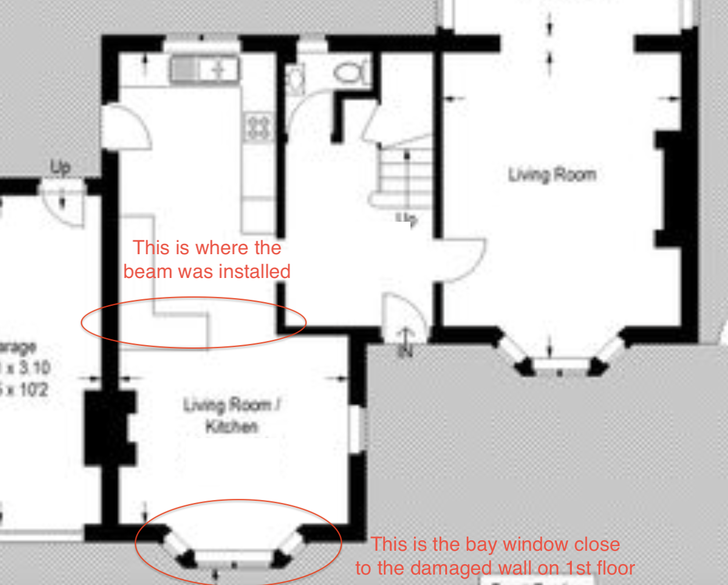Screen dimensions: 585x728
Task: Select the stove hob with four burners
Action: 259,127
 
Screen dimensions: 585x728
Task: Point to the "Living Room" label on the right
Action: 552,175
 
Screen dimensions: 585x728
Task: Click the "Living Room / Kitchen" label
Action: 231,416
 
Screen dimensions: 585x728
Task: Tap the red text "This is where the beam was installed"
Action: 207,259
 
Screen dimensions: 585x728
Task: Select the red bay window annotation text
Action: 495,556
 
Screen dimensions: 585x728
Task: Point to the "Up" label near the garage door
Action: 60,167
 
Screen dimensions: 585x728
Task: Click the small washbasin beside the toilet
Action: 295,80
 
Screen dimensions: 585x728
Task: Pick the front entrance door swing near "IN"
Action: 405,316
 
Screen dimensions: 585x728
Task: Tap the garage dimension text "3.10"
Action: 35,367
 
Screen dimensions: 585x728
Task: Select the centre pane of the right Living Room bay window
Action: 560,365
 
